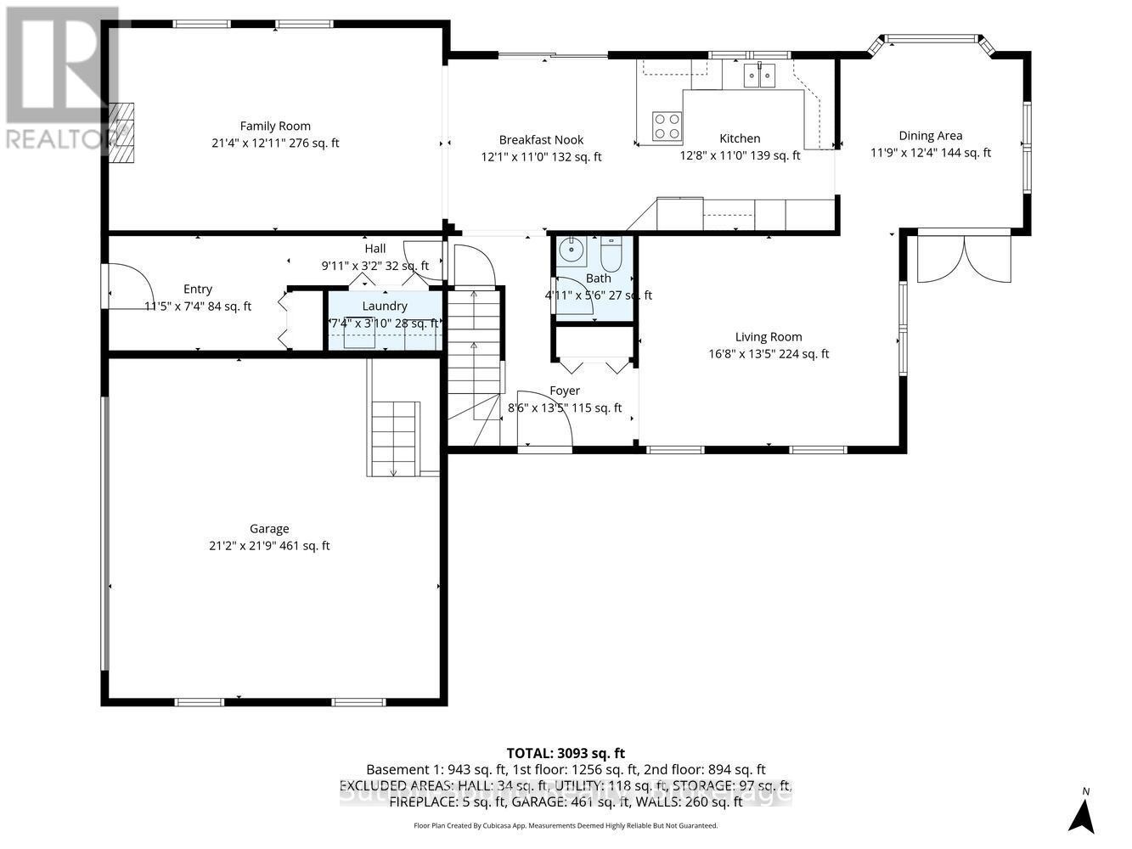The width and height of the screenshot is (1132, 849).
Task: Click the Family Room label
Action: pos(275,126)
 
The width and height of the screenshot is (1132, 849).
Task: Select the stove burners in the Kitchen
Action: pos(666,127)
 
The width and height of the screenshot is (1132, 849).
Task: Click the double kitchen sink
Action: pos(760,76)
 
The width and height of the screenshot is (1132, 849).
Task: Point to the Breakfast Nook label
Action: pos(541,139)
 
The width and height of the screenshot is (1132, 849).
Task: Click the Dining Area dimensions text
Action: pos(930,153)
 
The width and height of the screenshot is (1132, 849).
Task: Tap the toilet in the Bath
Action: pos(611,252)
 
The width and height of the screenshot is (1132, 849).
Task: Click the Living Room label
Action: pos(769,337)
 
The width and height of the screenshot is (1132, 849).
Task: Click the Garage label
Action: pos(269,529)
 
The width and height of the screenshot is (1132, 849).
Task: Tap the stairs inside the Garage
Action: pos(394,437)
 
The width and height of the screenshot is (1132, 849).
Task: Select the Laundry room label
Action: pos(385,306)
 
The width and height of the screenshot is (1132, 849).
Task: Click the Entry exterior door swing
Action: pos(123,284)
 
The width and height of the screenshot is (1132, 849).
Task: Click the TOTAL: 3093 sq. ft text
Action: pos(566,752)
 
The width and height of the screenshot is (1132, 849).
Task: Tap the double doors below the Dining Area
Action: pos(964,259)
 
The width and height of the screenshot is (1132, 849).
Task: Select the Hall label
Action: pos(375,249)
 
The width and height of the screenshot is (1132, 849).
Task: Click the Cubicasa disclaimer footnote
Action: pos(566,825)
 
